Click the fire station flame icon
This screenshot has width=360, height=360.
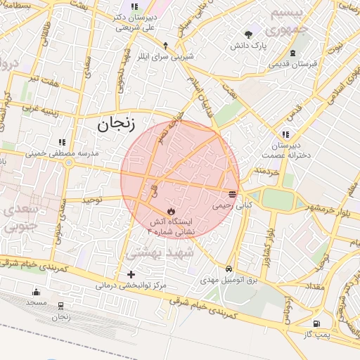(x=171, y=210)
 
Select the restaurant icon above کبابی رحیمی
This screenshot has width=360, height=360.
(x=233, y=193)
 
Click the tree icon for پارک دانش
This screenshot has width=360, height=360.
(x=248, y=34)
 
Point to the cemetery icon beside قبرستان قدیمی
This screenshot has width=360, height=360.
(x=292, y=53)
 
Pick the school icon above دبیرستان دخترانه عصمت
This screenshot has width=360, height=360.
(x=285, y=134)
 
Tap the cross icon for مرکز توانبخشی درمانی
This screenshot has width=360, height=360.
(x=131, y=274)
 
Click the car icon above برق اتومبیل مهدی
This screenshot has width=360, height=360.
(x=229, y=269)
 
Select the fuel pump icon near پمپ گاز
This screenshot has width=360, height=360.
(x=317, y=323)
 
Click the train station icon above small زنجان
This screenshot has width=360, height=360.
(x=61, y=306)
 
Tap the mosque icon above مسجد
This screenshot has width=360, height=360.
(x=36, y=291)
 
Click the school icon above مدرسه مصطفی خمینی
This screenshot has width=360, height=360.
(x=63, y=141)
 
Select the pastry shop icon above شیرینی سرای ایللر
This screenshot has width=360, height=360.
(x=166, y=44)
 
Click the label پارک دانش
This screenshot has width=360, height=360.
(x=249, y=46)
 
